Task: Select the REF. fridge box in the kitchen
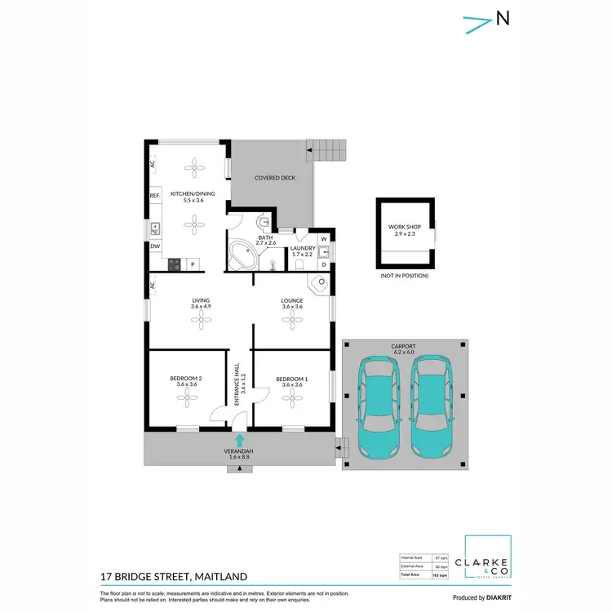pyautogui.click(x=154, y=197)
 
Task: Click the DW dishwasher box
pyautogui.click(x=154, y=246)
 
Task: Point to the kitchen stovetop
pyautogui.click(x=174, y=264)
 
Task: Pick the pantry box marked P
pyautogui.click(x=193, y=264)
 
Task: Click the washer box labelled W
pyautogui.click(x=323, y=239)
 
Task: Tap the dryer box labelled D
pyautogui.click(x=323, y=264)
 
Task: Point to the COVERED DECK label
pyautogui.click(x=274, y=177)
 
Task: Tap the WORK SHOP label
pyautogui.click(x=404, y=228)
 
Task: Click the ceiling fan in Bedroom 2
pyautogui.click(x=188, y=397)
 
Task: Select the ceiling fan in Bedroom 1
pyautogui.click(x=291, y=397)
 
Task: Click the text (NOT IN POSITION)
pyautogui.click(x=404, y=276)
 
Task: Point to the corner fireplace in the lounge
pyautogui.click(x=320, y=283)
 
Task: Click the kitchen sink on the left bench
pyautogui.click(x=154, y=228)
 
